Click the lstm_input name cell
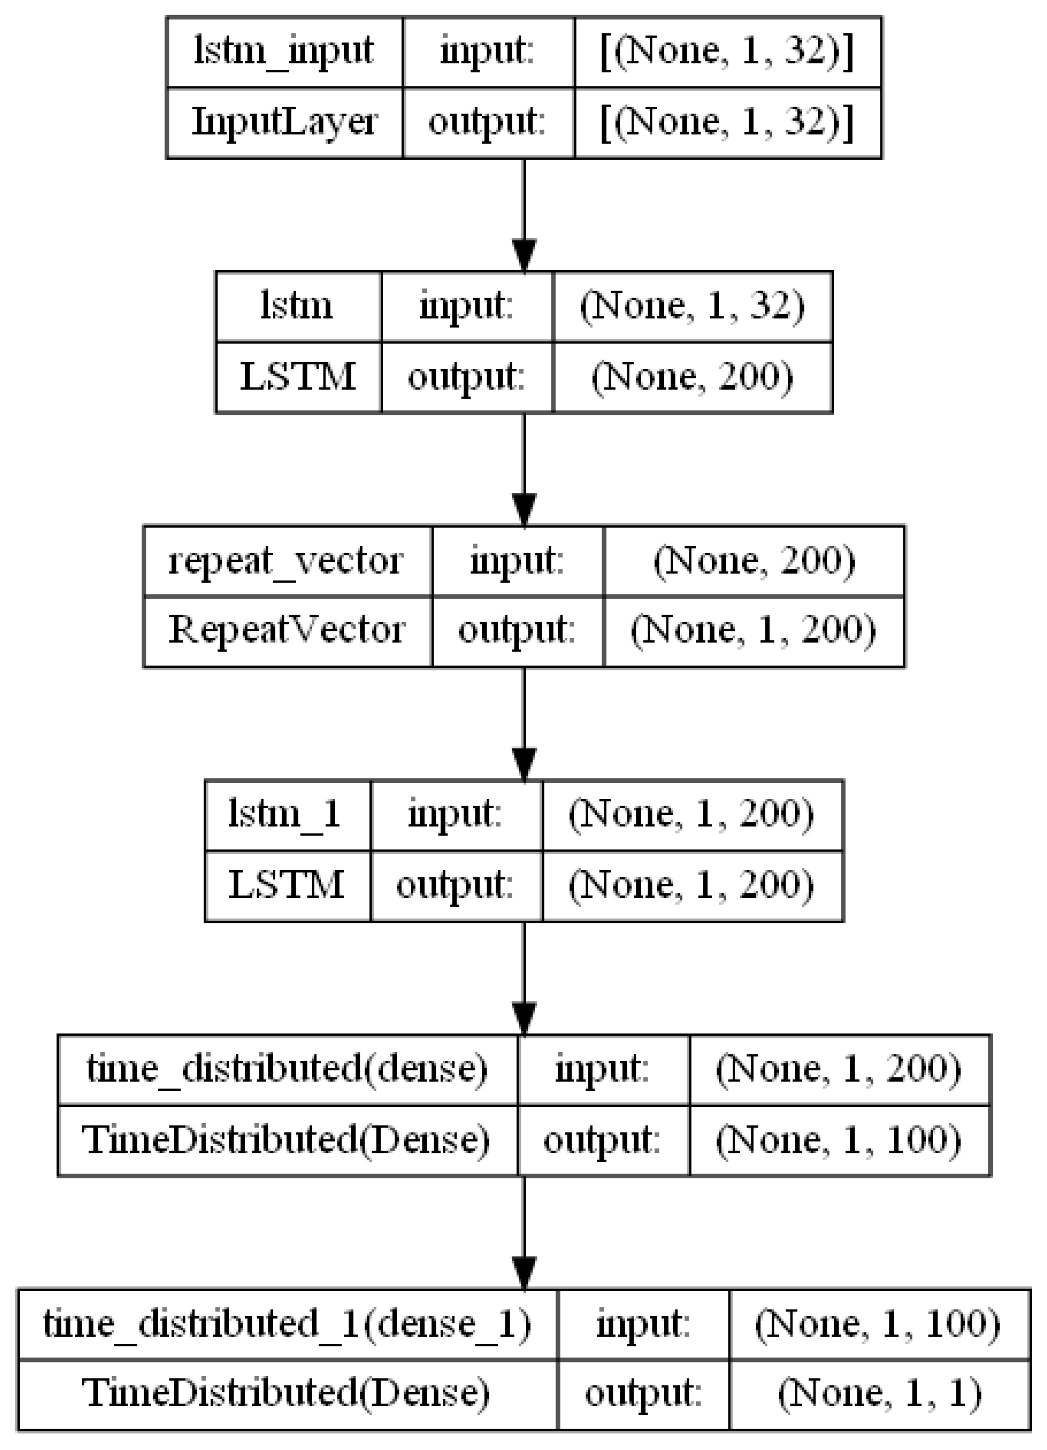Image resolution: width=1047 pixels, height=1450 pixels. [284, 51]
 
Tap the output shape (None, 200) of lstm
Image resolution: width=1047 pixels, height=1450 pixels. [692, 377]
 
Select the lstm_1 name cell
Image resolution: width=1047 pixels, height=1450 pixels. [286, 815]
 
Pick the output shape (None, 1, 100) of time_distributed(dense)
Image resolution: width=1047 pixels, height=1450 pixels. [839, 1140]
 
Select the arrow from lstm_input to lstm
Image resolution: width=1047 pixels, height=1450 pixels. [524, 214]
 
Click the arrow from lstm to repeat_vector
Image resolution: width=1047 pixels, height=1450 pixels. [524, 468]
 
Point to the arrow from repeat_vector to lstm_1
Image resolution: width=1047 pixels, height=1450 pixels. [524, 723]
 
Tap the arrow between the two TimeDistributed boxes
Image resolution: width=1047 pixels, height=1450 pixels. [524, 1232]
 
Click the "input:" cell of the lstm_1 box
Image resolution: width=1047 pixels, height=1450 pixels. [456, 815]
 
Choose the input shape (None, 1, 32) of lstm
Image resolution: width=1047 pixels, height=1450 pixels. [692, 306]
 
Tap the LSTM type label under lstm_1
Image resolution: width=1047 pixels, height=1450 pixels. [286, 885]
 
